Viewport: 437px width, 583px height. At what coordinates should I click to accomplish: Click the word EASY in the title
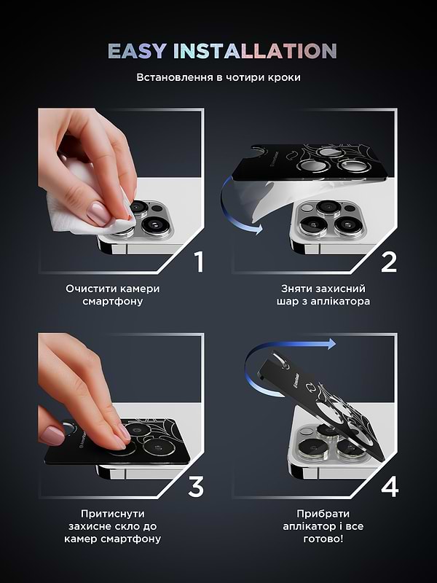(x=137, y=51)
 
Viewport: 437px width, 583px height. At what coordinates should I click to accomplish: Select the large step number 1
(x=200, y=262)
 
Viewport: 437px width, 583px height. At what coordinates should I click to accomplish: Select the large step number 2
(x=389, y=262)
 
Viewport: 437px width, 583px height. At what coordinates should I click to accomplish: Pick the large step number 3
(x=196, y=487)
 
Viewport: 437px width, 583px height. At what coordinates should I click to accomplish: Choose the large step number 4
(x=390, y=487)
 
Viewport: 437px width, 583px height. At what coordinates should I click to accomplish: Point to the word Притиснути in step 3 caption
(x=113, y=514)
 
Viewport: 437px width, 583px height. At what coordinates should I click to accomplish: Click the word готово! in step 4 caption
(x=323, y=539)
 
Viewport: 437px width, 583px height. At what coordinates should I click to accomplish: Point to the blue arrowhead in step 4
(x=331, y=344)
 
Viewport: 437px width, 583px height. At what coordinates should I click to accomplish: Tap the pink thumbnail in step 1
(x=98, y=214)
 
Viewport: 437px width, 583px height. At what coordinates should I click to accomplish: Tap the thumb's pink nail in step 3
(x=52, y=436)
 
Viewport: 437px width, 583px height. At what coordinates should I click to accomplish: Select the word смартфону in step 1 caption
(x=113, y=301)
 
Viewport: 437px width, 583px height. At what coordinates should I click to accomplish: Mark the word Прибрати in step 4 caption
(x=323, y=514)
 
